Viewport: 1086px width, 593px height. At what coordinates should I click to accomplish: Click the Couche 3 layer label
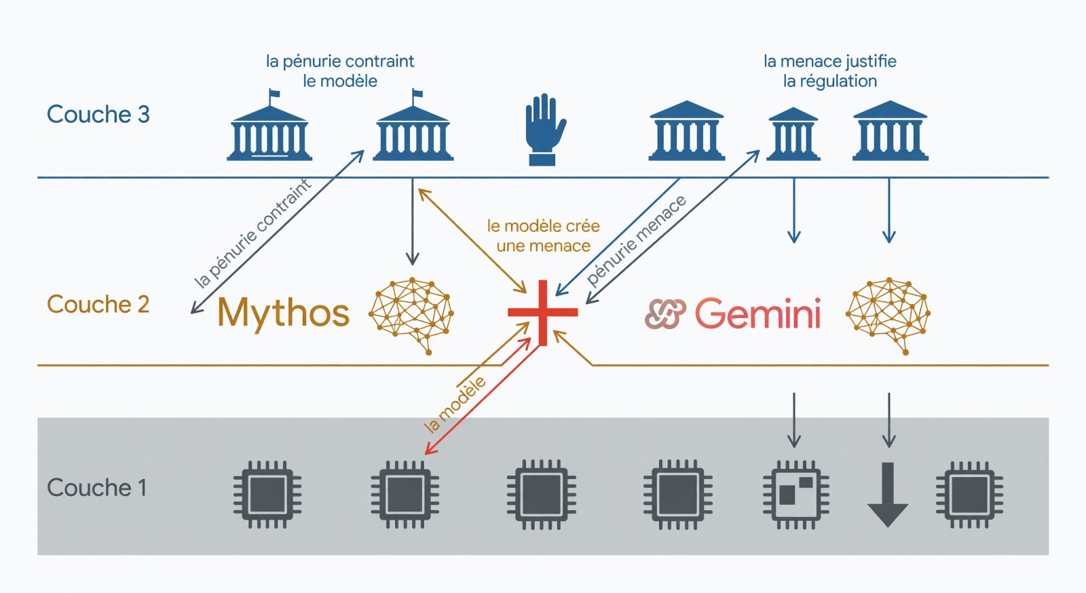click(x=98, y=115)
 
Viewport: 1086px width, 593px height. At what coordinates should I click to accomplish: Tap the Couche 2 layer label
click(x=98, y=304)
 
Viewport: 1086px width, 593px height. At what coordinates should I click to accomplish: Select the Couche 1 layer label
click(x=96, y=487)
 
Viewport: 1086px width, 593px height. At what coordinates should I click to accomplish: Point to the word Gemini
click(x=757, y=313)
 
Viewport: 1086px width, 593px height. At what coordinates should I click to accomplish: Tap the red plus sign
click(x=543, y=313)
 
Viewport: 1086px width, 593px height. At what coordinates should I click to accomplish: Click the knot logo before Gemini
click(x=665, y=313)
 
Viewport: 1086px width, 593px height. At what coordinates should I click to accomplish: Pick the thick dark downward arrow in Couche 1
click(x=888, y=495)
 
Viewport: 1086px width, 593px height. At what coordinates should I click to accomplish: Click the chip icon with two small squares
click(x=795, y=495)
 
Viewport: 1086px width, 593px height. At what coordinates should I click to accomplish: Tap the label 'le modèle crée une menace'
click(x=544, y=236)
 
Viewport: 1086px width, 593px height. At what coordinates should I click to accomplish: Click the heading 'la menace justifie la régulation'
click(x=830, y=71)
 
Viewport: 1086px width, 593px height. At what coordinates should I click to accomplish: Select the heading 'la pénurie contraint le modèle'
click(x=340, y=71)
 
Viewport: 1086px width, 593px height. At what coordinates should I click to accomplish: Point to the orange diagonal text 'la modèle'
click(x=455, y=404)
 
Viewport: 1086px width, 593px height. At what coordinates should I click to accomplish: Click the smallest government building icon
click(x=793, y=134)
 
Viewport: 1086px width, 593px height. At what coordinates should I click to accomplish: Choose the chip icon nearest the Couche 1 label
click(x=267, y=495)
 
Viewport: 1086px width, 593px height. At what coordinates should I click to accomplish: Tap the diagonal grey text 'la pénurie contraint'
click(x=252, y=233)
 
